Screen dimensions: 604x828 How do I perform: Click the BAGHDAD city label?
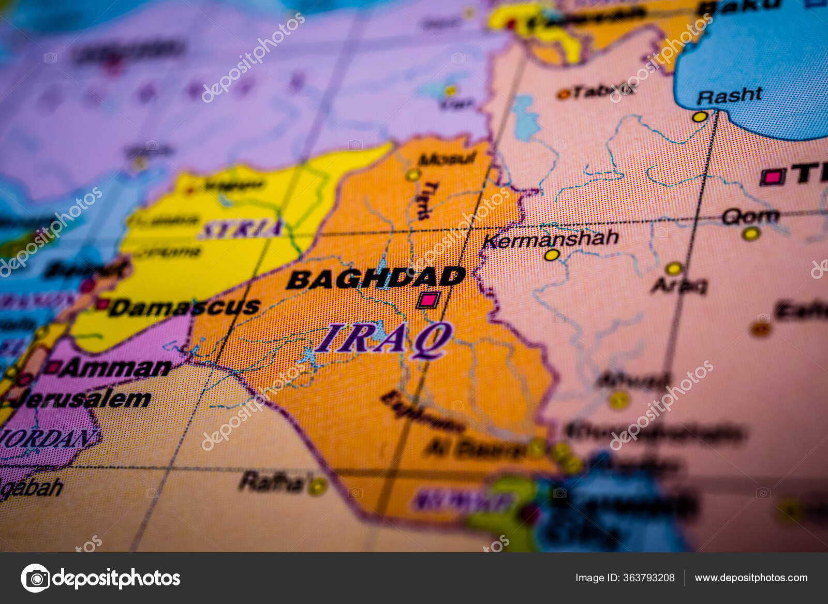click(x=376, y=278)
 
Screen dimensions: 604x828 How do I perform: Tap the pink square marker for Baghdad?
click(x=429, y=300)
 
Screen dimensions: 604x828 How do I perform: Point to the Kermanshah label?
click(x=551, y=239)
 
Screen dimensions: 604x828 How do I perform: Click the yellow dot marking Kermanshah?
click(x=552, y=255)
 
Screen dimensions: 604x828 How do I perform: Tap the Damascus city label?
click(x=185, y=307)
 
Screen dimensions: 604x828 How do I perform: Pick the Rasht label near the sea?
click(x=729, y=95)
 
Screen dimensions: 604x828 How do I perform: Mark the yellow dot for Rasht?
click(x=700, y=117)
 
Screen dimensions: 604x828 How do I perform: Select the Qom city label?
click(x=750, y=216)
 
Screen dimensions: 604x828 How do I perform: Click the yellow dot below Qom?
click(x=750, y=234)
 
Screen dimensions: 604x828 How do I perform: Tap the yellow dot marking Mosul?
click(x=412, y=174)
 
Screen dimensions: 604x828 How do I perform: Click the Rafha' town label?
click(x=273, y=482)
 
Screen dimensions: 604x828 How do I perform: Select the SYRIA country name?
click(x=241, y=228)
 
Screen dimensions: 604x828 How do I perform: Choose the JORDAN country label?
click(x=49, y=438)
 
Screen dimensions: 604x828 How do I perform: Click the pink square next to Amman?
click(x=52, y=367)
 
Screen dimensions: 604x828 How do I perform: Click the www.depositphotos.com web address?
click(x=751, y=578)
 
